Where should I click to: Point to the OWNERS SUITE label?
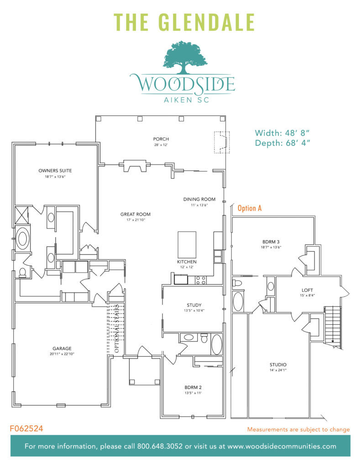coord(55,171)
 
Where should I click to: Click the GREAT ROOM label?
coord(135,214)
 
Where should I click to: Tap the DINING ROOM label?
coord(199,199)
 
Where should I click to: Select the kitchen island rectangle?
coord(187,245)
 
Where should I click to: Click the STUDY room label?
coord(194,305)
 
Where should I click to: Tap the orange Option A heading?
coord(250,208)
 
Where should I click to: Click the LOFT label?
coord(307,290)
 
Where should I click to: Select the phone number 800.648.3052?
coord(158,446)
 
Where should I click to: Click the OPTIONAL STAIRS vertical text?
coord(117,328)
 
